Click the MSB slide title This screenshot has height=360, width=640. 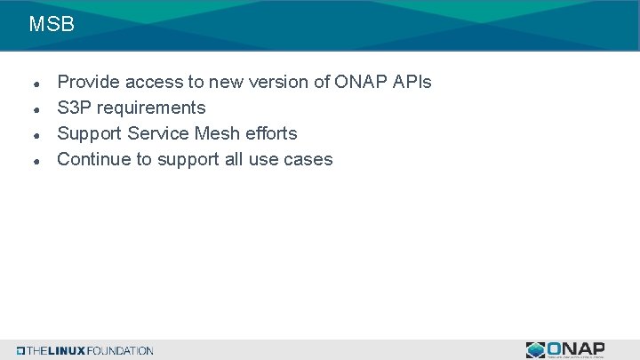click(51, 25)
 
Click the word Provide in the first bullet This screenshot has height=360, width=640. click(89, 82)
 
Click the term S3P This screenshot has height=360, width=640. click(74, 108)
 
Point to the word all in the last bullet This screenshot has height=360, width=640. click(233, 159)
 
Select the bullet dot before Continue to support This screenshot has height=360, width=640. click(34, 161)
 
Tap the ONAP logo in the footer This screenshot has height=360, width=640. click(565, 349)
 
